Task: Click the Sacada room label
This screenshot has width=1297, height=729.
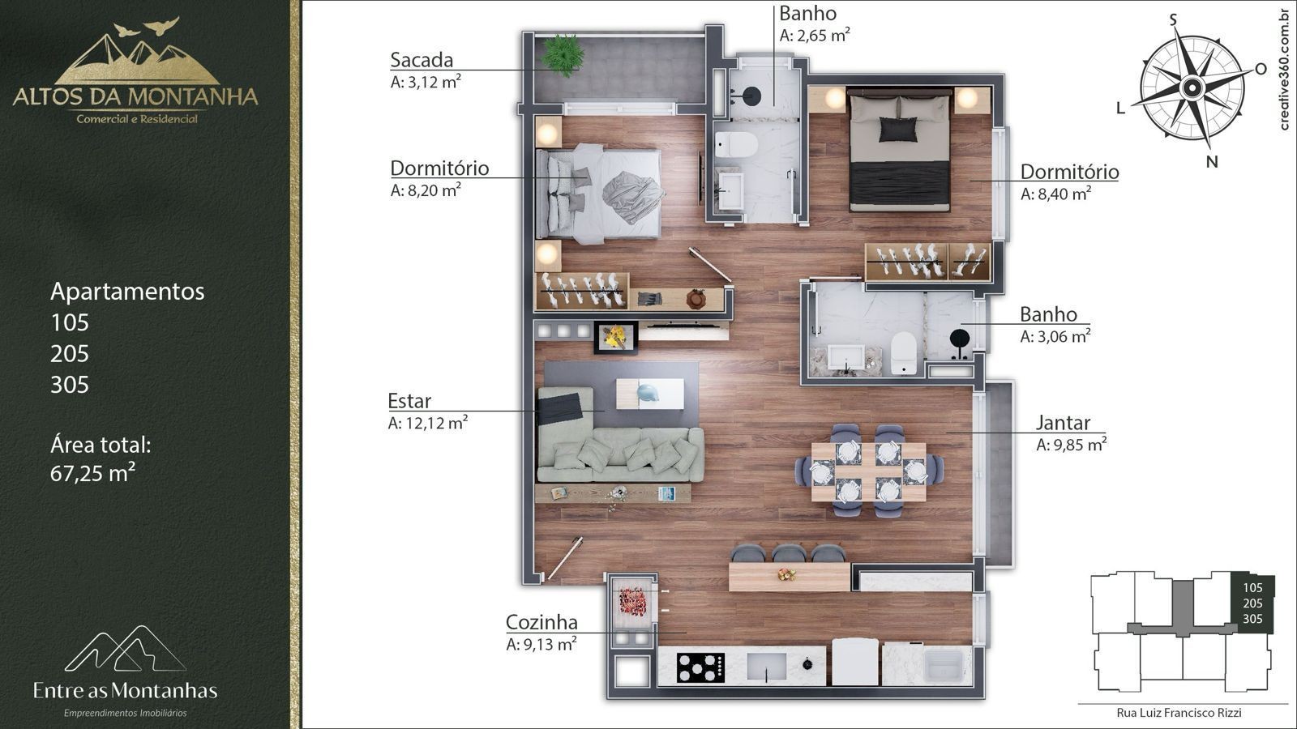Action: tap(422, 60)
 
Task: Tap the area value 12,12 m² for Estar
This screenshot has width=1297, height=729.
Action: tap(436, 423)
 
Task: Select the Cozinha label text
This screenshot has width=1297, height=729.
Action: tap(541, 622)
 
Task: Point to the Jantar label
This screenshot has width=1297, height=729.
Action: tap(1063, 423)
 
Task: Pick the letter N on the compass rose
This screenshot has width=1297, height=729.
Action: tap(1212, 162)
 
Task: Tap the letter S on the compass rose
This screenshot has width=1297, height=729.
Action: tap(1173, 20)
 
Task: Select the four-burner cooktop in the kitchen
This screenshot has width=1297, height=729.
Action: tap(700, 667)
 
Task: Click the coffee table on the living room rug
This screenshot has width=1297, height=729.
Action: tap(649, 394)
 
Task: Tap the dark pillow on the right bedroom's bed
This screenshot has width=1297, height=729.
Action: tap(897, 129)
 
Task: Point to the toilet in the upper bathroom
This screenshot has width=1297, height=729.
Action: tap(735, 145)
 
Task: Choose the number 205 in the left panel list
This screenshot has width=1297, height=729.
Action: tap(70, 353)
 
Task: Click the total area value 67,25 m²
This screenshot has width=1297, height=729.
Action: tap(92, 473)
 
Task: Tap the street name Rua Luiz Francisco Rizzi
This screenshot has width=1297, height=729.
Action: tap(1179, 713)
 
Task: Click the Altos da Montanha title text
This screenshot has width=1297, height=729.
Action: tap(135, 96)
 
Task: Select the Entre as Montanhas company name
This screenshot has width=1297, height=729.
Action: tap(125, 690)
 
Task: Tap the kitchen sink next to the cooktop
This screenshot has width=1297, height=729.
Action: tap(766, 666)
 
